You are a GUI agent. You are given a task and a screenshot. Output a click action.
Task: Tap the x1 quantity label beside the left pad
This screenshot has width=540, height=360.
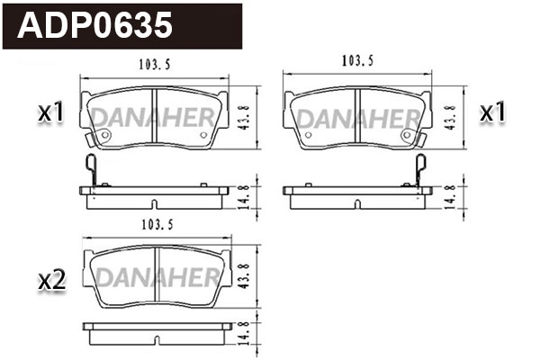49,113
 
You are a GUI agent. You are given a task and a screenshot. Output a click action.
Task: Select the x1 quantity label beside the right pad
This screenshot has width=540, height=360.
492,113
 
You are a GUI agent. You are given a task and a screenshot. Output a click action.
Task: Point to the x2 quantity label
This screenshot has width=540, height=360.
52,281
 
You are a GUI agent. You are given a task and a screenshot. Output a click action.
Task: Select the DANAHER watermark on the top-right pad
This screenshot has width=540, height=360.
356,118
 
